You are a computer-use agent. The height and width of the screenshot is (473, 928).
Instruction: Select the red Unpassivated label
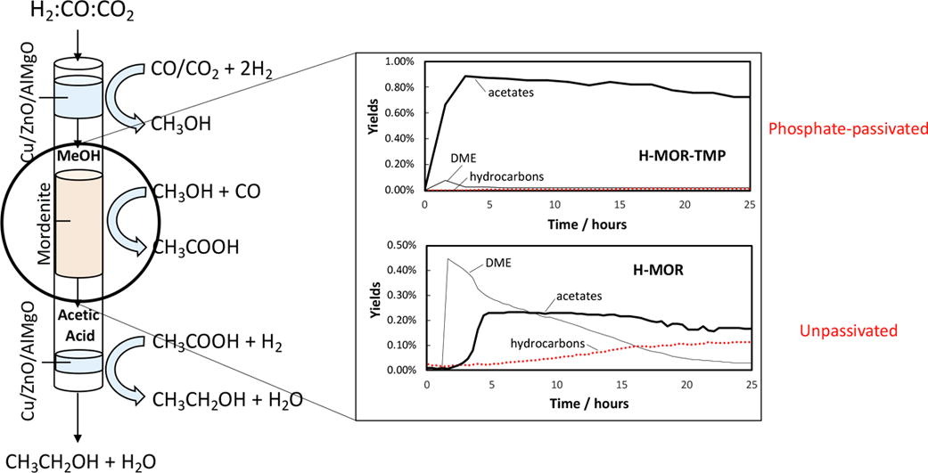pos(844,329)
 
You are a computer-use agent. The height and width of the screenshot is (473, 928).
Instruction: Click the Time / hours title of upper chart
pos(587,224)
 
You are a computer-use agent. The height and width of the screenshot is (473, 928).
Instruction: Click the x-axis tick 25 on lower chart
pos(750,385)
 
